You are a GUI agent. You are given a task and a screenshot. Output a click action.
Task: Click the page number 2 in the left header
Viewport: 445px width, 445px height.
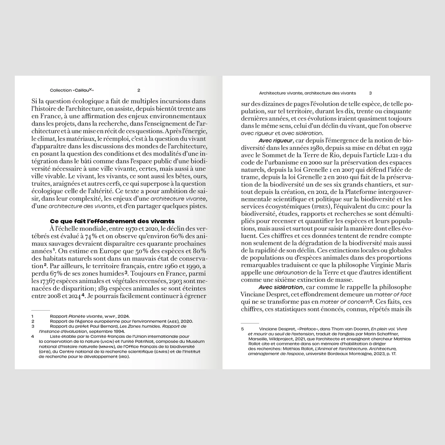(x=139, y=90)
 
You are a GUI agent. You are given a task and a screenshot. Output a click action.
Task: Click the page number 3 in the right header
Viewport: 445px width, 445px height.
(x=370, y=93)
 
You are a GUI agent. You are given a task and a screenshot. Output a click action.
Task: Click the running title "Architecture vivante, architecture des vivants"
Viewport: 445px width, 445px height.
(x=307, y=93)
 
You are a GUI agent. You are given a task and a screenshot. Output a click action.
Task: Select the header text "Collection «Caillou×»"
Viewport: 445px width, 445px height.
(x=75, y=90)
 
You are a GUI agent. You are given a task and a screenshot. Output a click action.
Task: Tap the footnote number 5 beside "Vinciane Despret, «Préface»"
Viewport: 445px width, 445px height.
(x=243, y=329)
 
